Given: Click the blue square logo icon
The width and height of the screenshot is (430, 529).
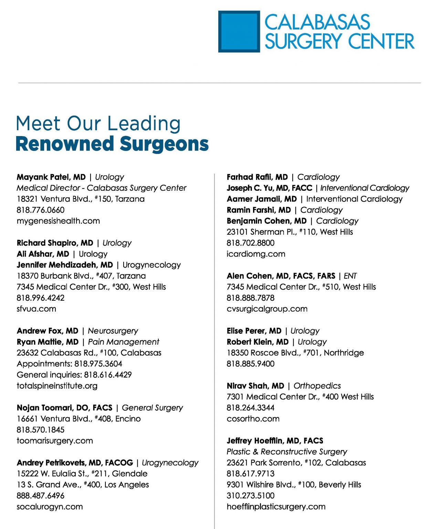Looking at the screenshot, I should pyautogui.click(x=239, y=32).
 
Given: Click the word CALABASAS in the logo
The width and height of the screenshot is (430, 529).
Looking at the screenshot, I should pyautogui.click(x=317, y=22).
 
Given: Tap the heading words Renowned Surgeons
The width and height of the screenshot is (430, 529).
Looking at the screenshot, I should pyautogui.click(x=112, y=144).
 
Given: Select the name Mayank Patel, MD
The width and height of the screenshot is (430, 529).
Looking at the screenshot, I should pyautogui.click(x=51, y=177).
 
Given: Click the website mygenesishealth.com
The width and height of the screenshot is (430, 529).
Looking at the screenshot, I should pyautogui.click(x=58, y=221).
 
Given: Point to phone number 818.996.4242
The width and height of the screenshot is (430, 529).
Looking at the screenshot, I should pyautogui.click(x=41, y=298).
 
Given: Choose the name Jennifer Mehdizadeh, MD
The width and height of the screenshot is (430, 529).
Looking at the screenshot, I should pyautogui.click(x=65, y=265).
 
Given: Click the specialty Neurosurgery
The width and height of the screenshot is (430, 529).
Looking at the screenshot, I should pyautogui.click(x=113, y=331).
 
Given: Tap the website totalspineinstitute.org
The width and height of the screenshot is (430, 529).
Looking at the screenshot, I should pyautogui.click(x=57, y=386).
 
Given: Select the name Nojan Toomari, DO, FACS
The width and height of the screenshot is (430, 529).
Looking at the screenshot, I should pyautogui.click(x=64, y=408).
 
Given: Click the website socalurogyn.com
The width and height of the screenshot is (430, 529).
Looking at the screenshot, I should pyautogui.click(x=50, y=507).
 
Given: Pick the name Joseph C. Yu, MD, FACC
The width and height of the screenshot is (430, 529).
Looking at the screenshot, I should pyautogui.click(x=269, y=188).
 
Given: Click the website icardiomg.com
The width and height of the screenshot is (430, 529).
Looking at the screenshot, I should pyautogui.click(x=256, y=254).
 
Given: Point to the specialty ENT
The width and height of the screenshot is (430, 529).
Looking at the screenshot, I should pyautogui.click(x=350, y=276).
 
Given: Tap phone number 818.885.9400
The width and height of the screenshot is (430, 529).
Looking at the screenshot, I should pyautogui.click(x=251, y=364).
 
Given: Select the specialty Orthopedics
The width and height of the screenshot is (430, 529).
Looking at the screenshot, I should pyautogui.click(x=317, y=386).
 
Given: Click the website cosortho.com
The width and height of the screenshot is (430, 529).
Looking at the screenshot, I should pyautogui.click(x=253, y=419).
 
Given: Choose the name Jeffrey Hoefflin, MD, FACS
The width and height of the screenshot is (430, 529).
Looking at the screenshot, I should pyautogui.click(x=275, y=441).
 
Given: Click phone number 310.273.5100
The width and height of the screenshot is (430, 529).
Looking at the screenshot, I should pyautogui.click(x=251, y=496).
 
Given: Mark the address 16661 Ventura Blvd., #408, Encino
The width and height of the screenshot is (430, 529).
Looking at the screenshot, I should pyautogui.click(x=78, y=419).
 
